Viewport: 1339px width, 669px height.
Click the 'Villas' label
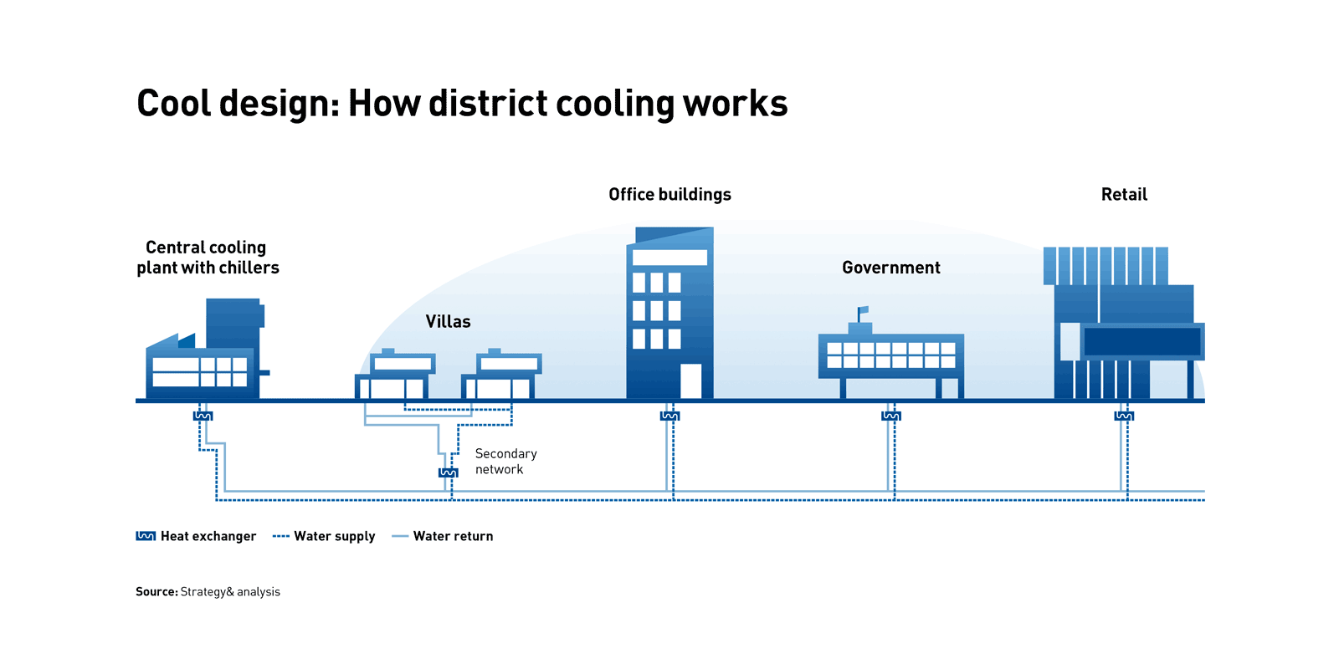point(448,322)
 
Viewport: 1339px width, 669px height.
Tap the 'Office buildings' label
point(669,195)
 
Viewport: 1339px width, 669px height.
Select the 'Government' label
point(890,268)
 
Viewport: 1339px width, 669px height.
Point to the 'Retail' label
point(1124,195)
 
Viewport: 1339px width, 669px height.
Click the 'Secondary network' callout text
point(505,462)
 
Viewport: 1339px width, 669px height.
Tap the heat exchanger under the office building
point(669,416)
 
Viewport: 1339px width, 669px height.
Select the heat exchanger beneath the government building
point(891,416)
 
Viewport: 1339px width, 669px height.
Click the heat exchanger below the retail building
point(1124,416)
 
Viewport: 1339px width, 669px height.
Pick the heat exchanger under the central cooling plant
point(203,416)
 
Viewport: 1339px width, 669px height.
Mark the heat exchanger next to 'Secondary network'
point(449,472)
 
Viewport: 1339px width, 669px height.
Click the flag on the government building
point(863,310)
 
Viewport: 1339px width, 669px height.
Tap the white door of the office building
point(690,380)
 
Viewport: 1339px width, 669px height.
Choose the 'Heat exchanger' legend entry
point(197,536)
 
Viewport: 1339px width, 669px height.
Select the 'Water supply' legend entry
point(325,536)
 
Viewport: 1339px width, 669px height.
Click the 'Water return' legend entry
point(443,536)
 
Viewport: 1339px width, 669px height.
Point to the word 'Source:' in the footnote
point(156,592)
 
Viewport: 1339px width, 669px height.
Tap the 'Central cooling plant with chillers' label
point(208,258)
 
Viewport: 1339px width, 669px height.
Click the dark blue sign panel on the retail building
point(1142,341)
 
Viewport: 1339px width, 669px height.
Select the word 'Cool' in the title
point(173,104)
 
